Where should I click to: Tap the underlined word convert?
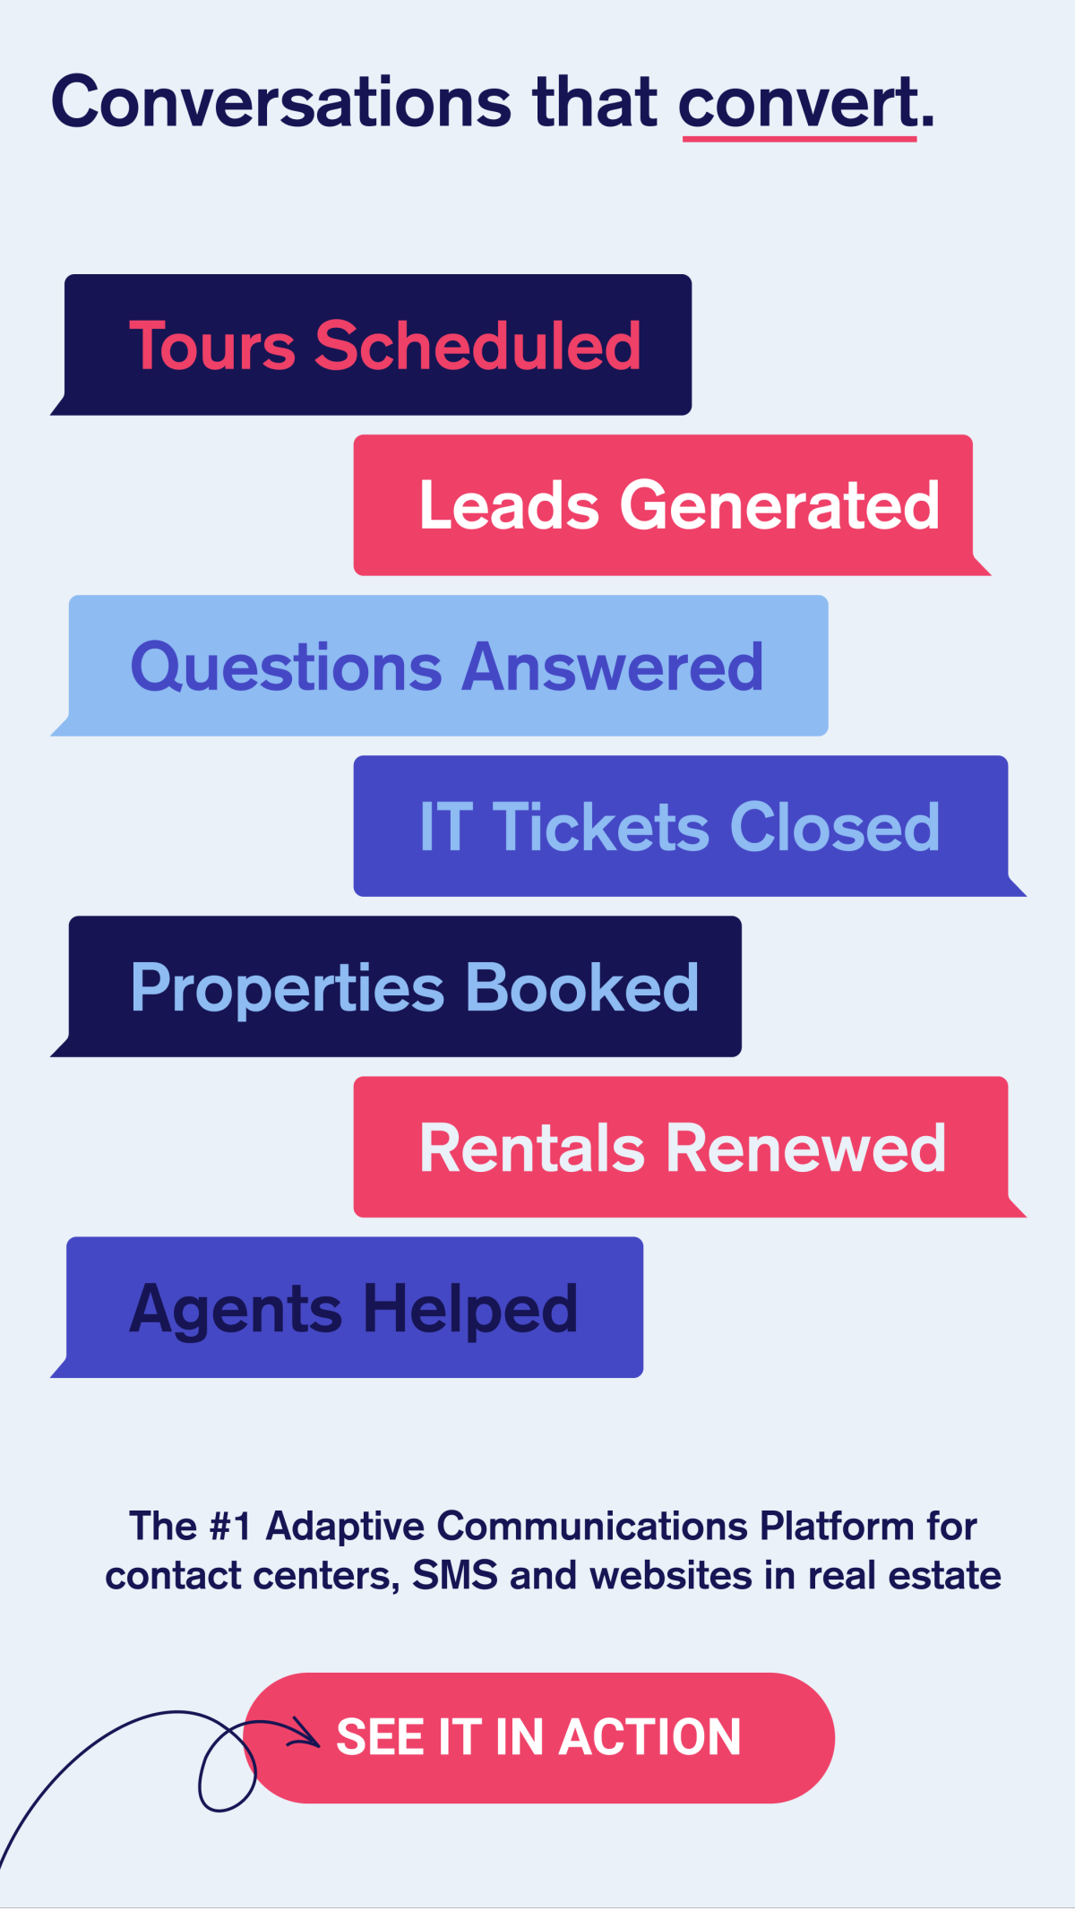click(x=797, y=102)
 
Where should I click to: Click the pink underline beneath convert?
click(x=799, y=138)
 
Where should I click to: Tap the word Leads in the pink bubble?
click(x=508, y=505)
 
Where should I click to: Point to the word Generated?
click(x=779, y=505)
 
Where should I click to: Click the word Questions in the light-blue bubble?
click(x=287, y=667)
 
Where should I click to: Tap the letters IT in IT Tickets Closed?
click(x=445, y=827)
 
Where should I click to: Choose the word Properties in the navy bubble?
click(x=287, y=988)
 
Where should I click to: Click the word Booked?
click(x=582, y=988)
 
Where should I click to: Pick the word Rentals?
click(x=532, y=1148)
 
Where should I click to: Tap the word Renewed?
click(x=806, y=1148)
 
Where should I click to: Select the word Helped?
click(x=470, y=1308)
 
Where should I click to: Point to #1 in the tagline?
click(x=229, y=1526)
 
